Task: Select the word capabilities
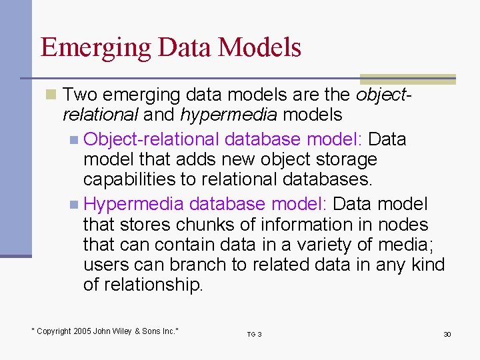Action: [x=127, y=180]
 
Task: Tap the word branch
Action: [x=197, y=265]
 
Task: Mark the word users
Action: [x=105, y=265]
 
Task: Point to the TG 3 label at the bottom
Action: [x=254, y=334]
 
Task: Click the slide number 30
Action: [x=447, y=334]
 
